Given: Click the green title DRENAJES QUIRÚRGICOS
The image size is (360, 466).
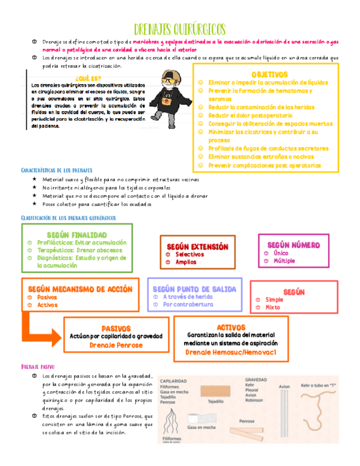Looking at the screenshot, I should pyautogui.click(x=180, y=29).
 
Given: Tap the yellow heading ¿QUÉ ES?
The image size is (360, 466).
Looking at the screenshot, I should pyautogui.click(x=88, y=78).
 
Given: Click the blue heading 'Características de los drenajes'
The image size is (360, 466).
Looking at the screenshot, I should pyautogui.click(x=57, y=170).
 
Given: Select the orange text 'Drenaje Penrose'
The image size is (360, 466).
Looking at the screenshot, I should pyautogui.click(x=115, y=345).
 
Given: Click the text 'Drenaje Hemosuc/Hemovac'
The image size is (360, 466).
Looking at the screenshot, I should pyautogui.click(x=230, y=351).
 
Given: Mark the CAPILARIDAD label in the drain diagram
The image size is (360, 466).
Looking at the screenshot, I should pyautogui.click(x=173, y=380).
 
